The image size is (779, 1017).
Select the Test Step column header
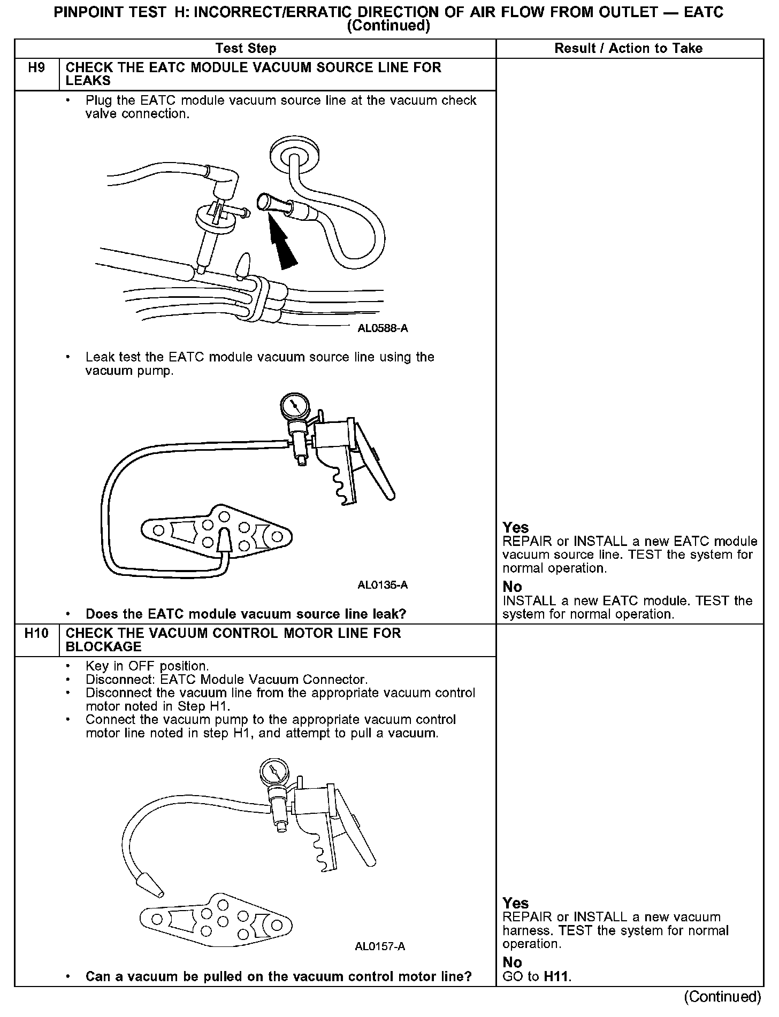click(x=246, y=49)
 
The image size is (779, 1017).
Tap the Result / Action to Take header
click(x=628, y=49)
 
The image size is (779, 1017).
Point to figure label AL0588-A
click(x=383, y=328)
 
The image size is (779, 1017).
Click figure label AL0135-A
click(x=383, y=585)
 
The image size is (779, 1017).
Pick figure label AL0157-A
click(x=380, y=946)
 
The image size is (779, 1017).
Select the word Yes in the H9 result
click(x=516, y=528)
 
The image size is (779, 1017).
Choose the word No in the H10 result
click(x=512, y=962)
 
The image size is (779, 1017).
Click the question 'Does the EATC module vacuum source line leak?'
click(x=246, y=614)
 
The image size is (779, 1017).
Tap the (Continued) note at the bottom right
click(x=722, y=997)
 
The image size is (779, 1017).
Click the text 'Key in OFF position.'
click(x=147, y=666)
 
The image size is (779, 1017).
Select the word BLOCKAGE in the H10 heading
click(x=103, y=647)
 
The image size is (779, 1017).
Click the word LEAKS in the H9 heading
click(x=88, y=81)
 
